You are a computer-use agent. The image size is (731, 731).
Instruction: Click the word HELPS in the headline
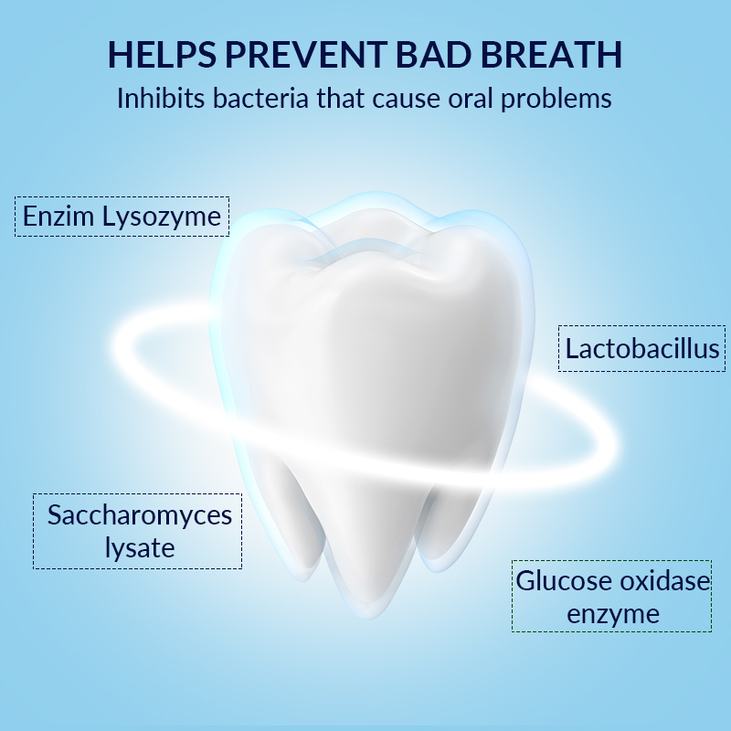coord(163,55)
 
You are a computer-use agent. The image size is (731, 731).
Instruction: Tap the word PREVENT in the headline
coord(306,55)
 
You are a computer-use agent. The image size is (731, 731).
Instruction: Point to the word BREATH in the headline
coord(551,55)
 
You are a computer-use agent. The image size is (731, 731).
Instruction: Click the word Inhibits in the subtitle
coord(161,99)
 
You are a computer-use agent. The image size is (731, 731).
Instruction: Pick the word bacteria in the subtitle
coord(260,99)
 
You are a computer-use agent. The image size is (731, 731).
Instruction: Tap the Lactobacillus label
coord(642,349)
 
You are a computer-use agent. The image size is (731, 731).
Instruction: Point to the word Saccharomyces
coord(140,516)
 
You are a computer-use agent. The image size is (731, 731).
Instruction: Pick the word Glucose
coord(563,581)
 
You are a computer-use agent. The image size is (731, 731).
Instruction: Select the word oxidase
coord(665,581)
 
